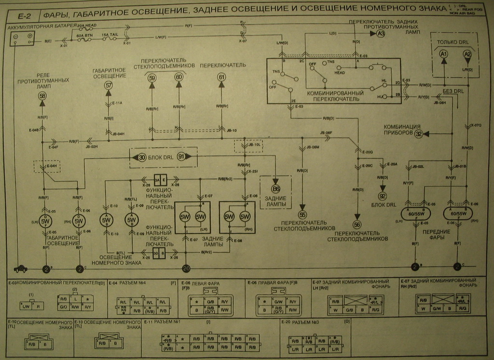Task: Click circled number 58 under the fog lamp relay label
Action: [42, 96]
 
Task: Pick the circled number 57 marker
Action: [108, 85]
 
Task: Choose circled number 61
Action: [221, 77]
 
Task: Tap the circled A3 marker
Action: [381, 34]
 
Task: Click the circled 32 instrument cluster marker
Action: [418, 134]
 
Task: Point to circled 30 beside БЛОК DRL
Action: [141, 157]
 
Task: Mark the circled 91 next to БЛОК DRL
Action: [181, 157]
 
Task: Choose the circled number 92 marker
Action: [383, 196]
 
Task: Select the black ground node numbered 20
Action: [186, 269]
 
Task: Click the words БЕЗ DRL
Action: [453, 91]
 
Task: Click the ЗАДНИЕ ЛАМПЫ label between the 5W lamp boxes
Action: [212, 241]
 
